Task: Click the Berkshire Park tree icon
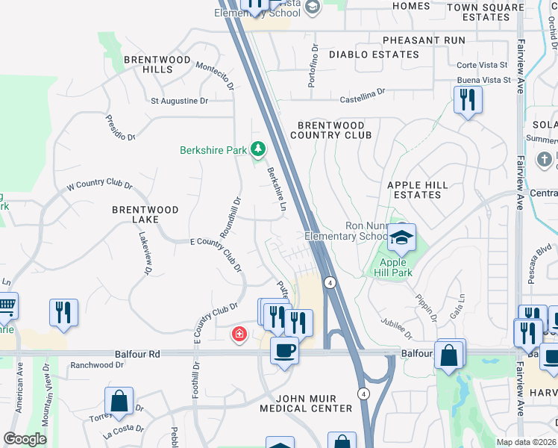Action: (x=258, y=150)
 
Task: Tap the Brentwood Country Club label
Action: (x=330, y=131)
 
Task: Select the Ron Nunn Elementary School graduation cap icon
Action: (x=401, y=238)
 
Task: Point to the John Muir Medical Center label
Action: (x=306, y=403)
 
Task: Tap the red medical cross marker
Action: (x=239, y=335)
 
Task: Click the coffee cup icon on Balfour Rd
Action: (x=284, y=350)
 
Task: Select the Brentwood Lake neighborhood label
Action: (x=145, y=215)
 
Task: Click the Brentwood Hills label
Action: (x=148, y=64)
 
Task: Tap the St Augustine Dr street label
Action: (x=179, y=101)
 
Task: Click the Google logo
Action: (x=25, y=439)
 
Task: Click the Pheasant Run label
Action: (x=424, y=40)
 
